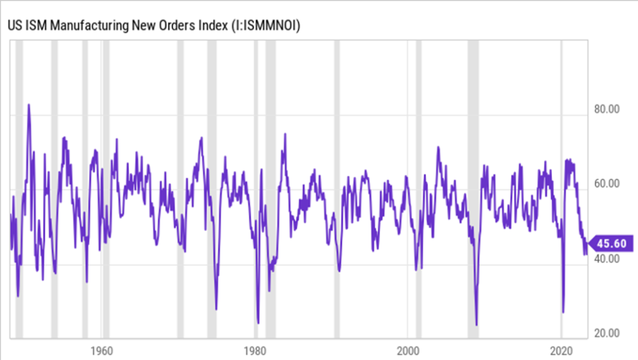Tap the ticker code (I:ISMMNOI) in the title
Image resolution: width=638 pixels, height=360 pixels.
tap(265, 26)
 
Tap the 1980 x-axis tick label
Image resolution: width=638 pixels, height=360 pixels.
tap(255, 349)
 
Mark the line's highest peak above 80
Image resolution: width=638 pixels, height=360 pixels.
tap(29, 105)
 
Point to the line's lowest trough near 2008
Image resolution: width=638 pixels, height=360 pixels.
tap(477, 324)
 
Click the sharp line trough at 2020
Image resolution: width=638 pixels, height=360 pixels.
tap(563, 311)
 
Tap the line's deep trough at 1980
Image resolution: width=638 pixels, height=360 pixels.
tap(258, 322)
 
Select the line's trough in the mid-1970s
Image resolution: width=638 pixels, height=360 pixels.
tap(216, 308)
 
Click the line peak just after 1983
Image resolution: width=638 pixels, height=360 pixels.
tap(285, 134)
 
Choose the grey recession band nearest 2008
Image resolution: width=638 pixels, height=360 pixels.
tap(474, 187)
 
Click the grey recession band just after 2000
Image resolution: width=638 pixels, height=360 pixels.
tap(418, 187)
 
